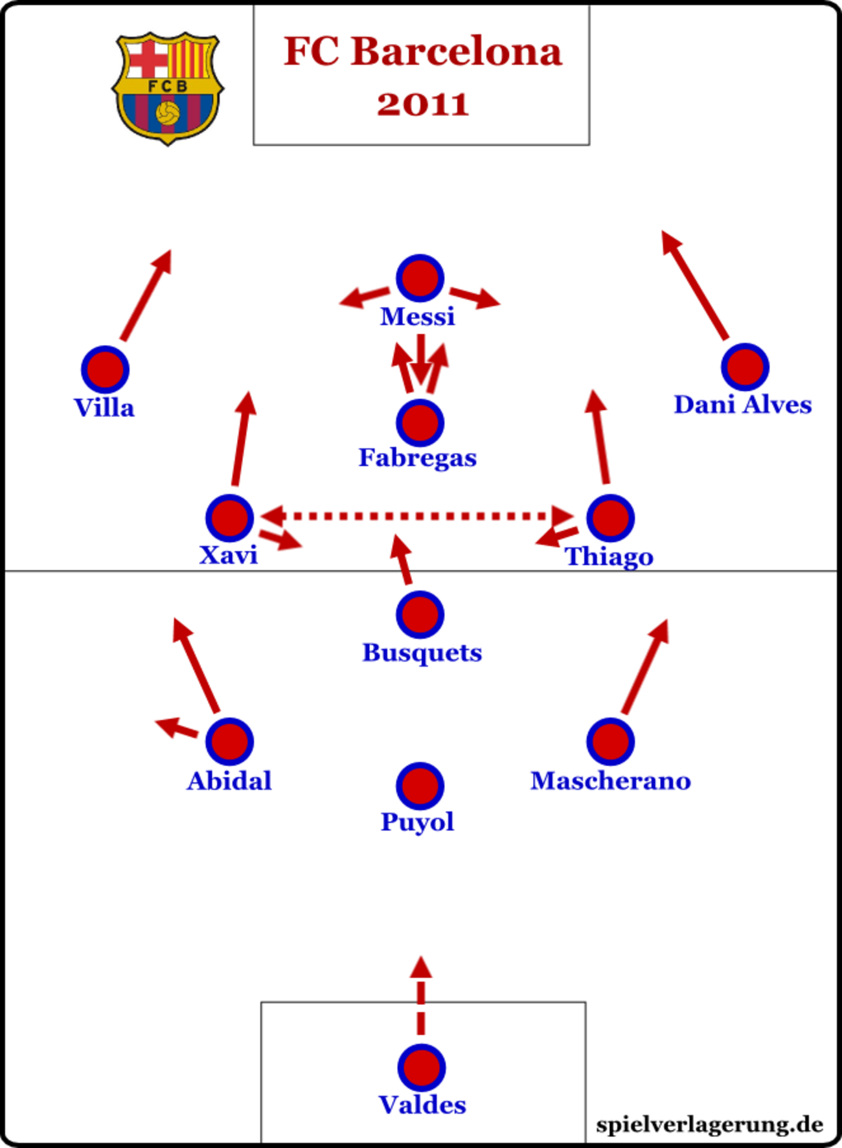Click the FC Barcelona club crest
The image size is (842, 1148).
click(168, 87)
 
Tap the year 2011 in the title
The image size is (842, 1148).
click(422, 104)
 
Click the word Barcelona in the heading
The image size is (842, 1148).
click(456, 51)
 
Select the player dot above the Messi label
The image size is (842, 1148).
click(420, 278)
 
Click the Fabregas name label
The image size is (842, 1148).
click(418, 458)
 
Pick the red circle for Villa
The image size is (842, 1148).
click(105, 369)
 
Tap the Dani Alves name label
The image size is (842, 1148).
click(742, 405)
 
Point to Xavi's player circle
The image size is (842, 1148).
click(229, 517)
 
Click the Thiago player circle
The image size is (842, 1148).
click(610, 517)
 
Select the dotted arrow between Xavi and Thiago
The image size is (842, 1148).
click(418, 516)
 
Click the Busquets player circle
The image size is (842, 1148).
click(420, 614)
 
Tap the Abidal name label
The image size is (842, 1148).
click(229, 781)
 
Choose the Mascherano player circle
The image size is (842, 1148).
click(610, 741)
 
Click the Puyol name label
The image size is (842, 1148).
click(417, 822)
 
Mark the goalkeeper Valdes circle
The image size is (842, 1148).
click(421, 1067)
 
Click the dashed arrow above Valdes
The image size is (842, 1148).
click(421, 997)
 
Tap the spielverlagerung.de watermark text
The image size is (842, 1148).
click(709, 1125)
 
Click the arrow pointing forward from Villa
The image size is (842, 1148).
click(146, 295)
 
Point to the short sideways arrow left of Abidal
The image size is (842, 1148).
click(176, 728)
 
